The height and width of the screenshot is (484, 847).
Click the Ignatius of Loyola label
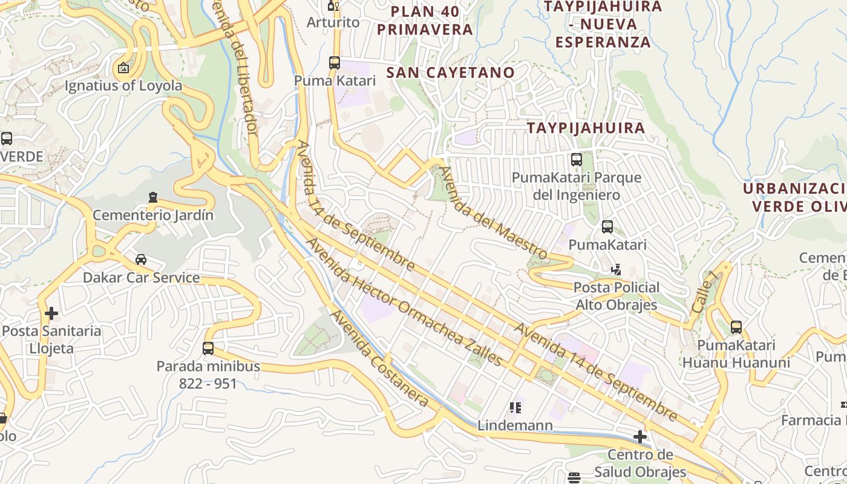[123, 85]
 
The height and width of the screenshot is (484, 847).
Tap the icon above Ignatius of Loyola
[123, 68]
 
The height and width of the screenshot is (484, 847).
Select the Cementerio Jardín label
[153, 215]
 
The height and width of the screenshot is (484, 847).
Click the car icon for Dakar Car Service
[141, 260]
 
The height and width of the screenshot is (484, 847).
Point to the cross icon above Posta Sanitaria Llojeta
[51, 313]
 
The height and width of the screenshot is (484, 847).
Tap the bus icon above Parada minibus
[208, 348]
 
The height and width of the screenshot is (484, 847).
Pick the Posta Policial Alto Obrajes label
[616, 296]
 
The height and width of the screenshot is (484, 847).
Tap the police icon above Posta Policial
[616, 269]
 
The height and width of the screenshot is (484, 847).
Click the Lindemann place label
[515, 425]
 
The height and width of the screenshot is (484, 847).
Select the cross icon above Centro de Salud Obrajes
[640, 437]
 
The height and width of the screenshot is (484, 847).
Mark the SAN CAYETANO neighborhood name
[451, 73]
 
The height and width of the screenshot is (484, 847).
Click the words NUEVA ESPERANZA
[603, 33]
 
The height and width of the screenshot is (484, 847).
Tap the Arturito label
[333, 22]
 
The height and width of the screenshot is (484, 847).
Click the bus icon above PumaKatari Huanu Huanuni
[736, 327]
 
